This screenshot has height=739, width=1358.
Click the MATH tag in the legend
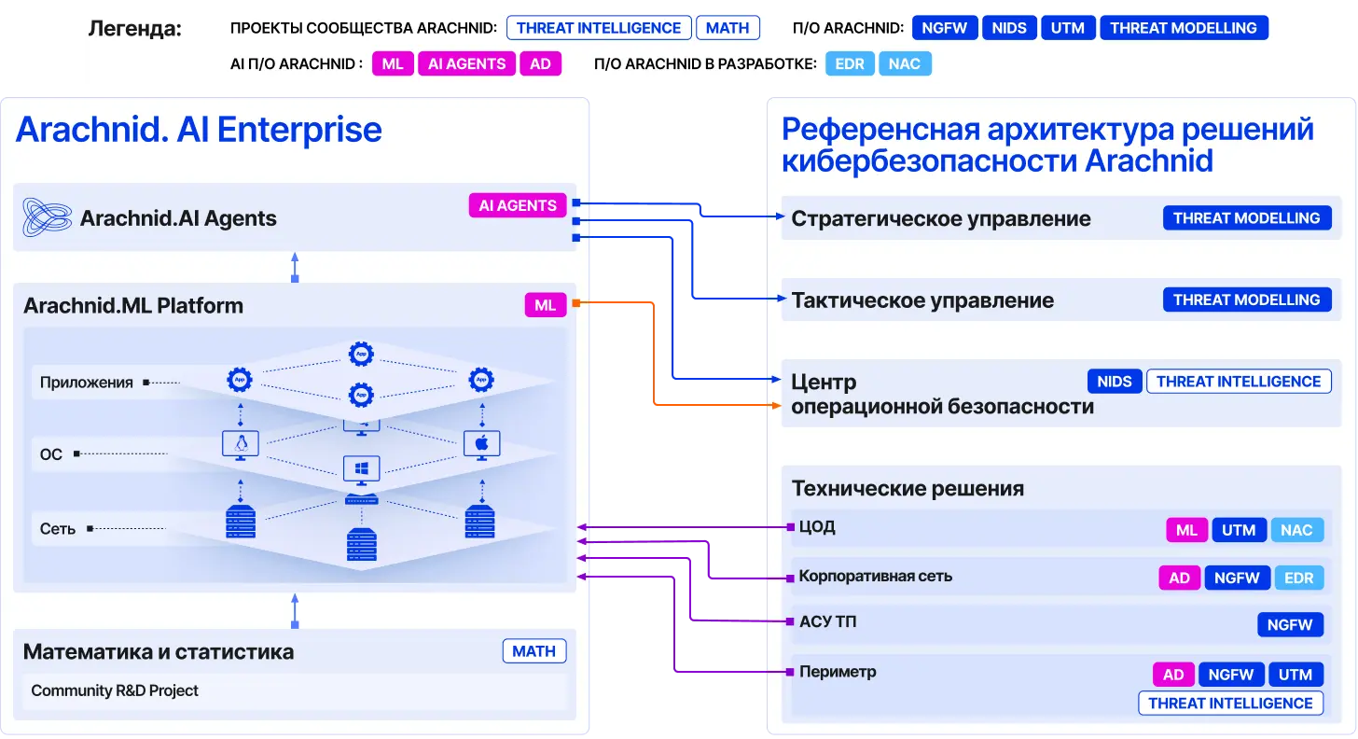pyautogui.click(x=727, y=28)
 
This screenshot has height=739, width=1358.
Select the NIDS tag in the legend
pyautogui.click(x=1009, y=28)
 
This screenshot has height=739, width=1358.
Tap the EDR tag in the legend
pyautogui.click(x=850, y=63)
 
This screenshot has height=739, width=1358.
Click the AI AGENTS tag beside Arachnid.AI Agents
pyautogui.click(x=517, y=205)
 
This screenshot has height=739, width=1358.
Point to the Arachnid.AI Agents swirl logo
pyautogui.click(x=47, y=216)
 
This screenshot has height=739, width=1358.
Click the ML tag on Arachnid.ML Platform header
pyautogui.click(x=545, y=304)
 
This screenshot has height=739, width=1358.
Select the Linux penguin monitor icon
pyautogui.click(x=241, y=445)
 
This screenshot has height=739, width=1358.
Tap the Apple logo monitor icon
pyautogui.click(x=482, y=445)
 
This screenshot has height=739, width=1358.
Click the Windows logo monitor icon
pyautogui.click(x=361, y=470)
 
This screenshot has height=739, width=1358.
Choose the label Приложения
pyautogui.click(x=86, y=383)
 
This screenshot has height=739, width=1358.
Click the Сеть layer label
pyautogui.click(x=58, y=529)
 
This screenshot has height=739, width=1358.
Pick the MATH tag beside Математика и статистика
pyautogui.click(x=534, y=651)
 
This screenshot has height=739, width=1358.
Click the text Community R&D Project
pyautogui.click(x=115, y=690)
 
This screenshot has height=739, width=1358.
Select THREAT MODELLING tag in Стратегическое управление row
pyautogui.click(x=1246, y=217)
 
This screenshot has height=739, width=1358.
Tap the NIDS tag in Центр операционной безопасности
pyautogui.click(x=1115, y=381)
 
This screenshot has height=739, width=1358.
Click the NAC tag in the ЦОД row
pyautogui.click(x=1296, y=530)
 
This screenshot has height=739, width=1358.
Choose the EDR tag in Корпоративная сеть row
pyautogui.click(x=1298, y=578)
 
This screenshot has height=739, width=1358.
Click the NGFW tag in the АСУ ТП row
pyautogui.click(x=1290, y=624)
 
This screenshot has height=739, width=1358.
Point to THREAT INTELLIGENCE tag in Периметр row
pyautogui.click(x=1231, y=704)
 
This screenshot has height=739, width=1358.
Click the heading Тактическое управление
pyautogui.click(x=922, y=300)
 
